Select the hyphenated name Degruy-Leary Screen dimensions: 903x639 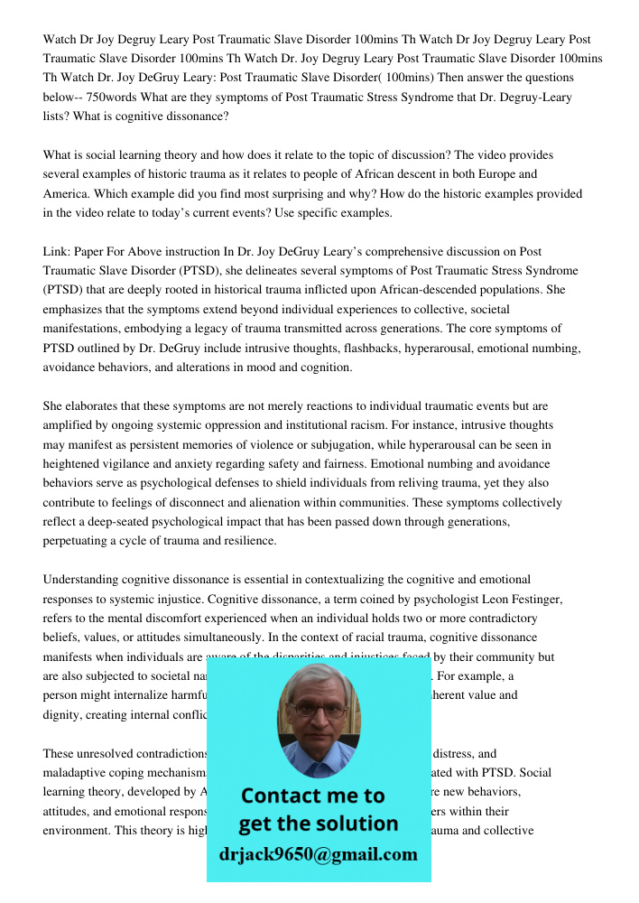[535, 98]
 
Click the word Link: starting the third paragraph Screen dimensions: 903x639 [58, 252]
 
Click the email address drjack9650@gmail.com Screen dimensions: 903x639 [318, 854]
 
